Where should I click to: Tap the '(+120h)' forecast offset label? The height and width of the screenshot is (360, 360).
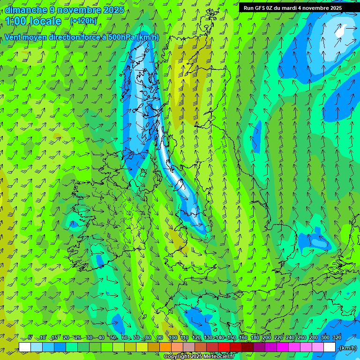(x=83, y=21)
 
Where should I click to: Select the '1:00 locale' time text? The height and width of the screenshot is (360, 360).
(x=34, y=21)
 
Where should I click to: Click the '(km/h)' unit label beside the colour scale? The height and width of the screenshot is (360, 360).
(x=347, y=348)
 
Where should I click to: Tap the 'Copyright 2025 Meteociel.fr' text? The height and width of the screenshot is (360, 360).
(x=199, y=357)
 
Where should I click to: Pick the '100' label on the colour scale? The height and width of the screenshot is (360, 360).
(x=172, y=338)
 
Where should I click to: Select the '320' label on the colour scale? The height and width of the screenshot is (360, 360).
(x=337, y=338)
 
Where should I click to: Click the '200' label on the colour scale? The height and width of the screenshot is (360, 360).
(x=266, y=338)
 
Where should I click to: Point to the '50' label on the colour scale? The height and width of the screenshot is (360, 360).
(x=113, y=338)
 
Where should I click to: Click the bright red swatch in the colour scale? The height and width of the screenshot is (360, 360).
(x=224, y=347)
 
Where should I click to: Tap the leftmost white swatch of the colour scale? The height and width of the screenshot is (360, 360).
(x=25, y=347)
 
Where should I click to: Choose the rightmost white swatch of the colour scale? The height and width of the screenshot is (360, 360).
(x=330, y=347)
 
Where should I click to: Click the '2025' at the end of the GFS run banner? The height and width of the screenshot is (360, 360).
(x=335, y=8)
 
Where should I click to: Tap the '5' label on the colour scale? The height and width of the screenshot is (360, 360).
(x=30, y=338)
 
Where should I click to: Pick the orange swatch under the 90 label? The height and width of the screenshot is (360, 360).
(x=165, y=347)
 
